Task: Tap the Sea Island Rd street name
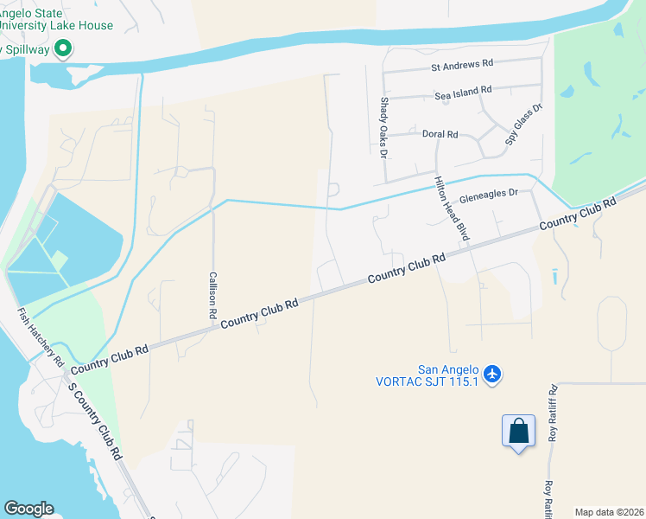[x=463, y=90]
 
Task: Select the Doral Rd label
[x=440, y=134]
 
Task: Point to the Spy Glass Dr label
[x=523, y=124]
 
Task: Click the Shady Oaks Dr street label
[x=383, y=127]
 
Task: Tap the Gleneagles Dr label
[x=489, y=195]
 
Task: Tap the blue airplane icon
[x=492, y=374]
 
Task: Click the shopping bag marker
[x=518, y=431]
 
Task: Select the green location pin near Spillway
[x=62, y=50]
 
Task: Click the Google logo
[x=28, y=509]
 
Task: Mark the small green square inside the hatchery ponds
[x=59, y=259]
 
